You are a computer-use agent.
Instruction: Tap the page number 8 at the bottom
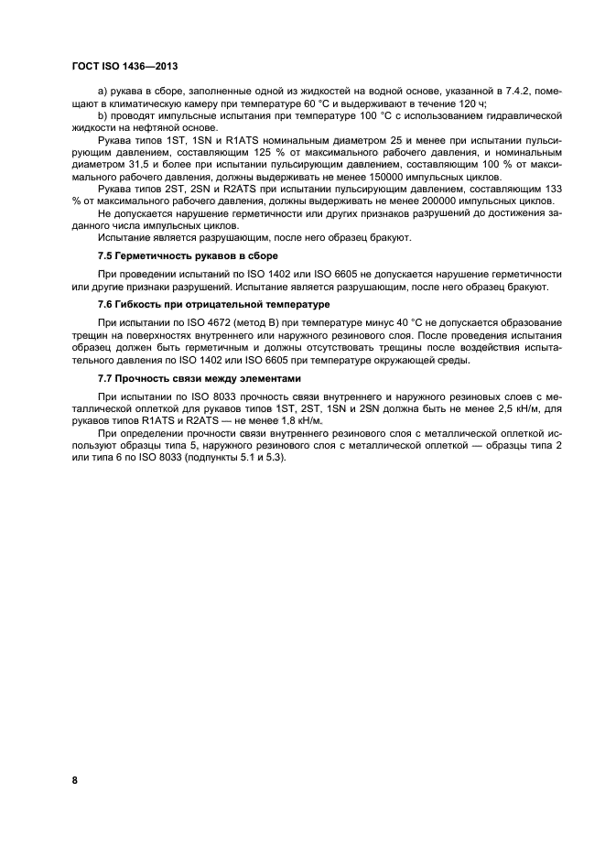click(x=74, y=780)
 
